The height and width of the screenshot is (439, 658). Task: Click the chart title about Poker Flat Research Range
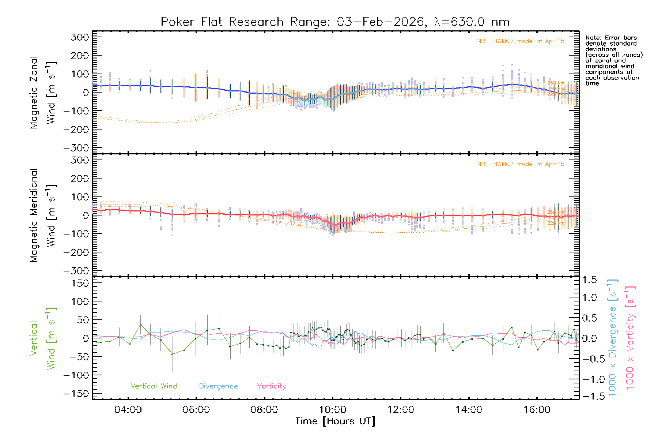(x=335, y=22)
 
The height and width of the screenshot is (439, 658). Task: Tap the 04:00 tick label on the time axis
(x=128, y=410)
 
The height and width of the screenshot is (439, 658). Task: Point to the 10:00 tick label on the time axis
(x=332, y=410)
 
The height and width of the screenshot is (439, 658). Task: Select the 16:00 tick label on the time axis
(x=537, y=410)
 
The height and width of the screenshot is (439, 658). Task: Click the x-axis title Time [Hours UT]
(x=335, y=421)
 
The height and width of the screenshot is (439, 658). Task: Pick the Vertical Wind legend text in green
(x=154, y=386)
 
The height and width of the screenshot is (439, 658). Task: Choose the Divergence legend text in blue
(x=218, y=386)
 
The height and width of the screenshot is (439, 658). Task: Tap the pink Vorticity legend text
(x=271, y=386)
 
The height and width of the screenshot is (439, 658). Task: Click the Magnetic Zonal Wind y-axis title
(x=43, y=92)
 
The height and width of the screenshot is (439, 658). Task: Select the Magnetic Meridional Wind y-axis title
(x=43, y=215)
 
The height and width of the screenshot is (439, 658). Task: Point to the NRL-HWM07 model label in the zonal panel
(x=521, y=41)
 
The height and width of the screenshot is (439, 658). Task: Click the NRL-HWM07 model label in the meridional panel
(x=521, y=164)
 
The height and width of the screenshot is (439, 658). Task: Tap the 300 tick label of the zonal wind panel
(x=80, y=37)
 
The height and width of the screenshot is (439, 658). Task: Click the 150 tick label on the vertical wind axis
(x=80, y=283)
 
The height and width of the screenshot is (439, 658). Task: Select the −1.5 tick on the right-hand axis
(x=590, y=396)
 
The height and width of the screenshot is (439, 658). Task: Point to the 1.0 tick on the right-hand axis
(x=590, y=297)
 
